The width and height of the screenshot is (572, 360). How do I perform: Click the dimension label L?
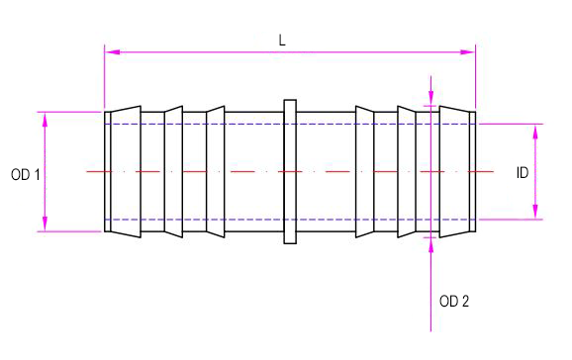point(282,41)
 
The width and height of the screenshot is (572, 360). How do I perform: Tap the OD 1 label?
point(26,175)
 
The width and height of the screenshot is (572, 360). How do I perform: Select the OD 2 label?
point(454,302)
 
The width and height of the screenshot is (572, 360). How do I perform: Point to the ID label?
point(523,172)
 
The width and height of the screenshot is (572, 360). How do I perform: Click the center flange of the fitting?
point(290,171)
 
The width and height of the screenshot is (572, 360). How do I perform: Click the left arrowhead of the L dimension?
point(112,52)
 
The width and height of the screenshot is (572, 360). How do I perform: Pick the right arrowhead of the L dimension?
point(468,52)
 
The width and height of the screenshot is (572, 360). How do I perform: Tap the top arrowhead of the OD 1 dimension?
point(45,120)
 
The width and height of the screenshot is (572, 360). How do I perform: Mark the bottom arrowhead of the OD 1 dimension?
point(45,224)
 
